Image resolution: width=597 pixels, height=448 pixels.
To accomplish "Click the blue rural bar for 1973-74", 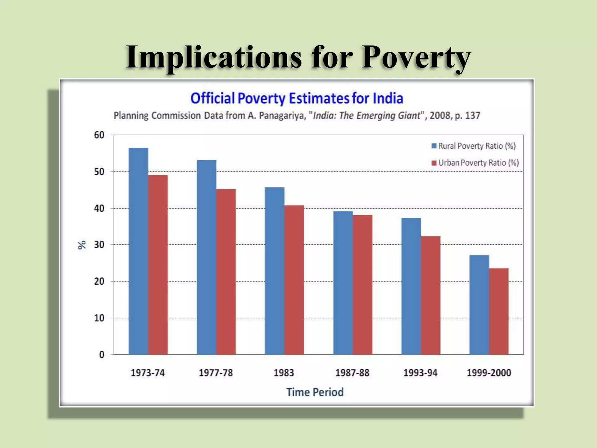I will click(x=138, y=251).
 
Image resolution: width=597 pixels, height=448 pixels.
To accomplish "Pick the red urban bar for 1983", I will click(x=294, y=280).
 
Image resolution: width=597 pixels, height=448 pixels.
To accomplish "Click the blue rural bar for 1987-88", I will click(x=343, y=283).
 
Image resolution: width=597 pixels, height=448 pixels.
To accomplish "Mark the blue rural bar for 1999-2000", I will click(x=479, y=305).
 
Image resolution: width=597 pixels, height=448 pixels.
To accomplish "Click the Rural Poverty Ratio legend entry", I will click(x=474, y=146).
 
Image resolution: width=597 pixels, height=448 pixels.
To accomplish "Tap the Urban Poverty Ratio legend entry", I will click(x=475, y=163).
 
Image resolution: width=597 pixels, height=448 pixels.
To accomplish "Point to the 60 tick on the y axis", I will click(x=99, y=135).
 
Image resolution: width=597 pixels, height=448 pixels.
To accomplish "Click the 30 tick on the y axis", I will click(x=99, y=245).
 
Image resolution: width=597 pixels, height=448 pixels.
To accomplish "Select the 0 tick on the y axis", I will click(x=101, y=355).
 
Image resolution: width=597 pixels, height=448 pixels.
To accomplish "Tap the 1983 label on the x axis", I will click(x=284, y=373).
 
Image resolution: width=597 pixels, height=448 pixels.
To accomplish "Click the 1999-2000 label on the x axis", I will click(x=489, y=373).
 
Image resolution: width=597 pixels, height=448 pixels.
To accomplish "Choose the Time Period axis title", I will click(x=315, y=392).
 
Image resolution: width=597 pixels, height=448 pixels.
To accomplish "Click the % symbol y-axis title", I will click(x=82, y=245).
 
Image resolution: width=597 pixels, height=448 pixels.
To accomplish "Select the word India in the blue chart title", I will click(x=388, y=98).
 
